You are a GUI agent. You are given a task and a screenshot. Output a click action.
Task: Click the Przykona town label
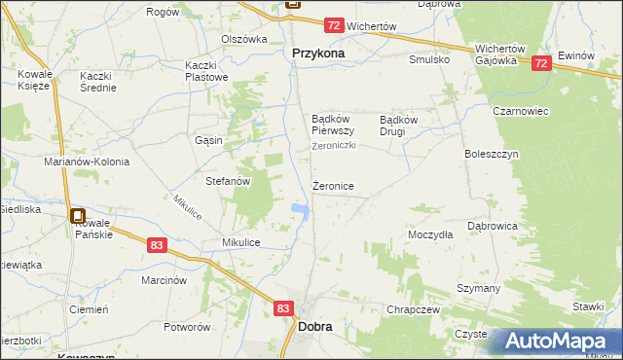[x=318, y=54]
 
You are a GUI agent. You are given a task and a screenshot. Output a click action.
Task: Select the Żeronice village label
[x=332, y=186]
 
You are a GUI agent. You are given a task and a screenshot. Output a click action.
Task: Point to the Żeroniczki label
[x=334, y=146]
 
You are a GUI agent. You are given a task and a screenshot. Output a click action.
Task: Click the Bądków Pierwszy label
[x=332, y=125]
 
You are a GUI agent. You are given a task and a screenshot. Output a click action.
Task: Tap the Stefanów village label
[x=228, y=181]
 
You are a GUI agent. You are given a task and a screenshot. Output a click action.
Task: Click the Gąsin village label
[x=208, y=140]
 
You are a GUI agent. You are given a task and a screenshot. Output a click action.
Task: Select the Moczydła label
[x=430, y=235]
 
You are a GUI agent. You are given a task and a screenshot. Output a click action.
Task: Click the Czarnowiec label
[x=522, y=111]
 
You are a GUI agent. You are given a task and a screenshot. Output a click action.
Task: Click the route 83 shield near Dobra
[x=283, y=307]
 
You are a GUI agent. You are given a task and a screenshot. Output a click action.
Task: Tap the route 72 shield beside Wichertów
[x=334, y=25]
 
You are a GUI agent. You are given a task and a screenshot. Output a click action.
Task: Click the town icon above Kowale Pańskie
[x=78, y=218]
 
